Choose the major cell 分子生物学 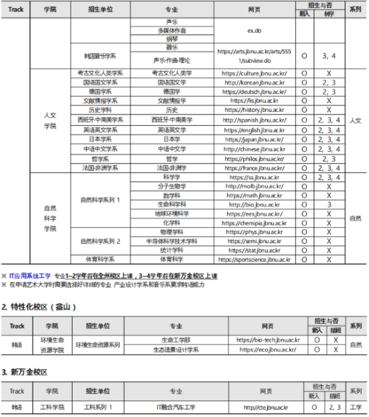(x=172, y=187)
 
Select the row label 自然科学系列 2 (x=101, y=240)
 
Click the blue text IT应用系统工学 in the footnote (x=31, y=275)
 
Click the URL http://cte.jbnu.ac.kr (x=266, y=407)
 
